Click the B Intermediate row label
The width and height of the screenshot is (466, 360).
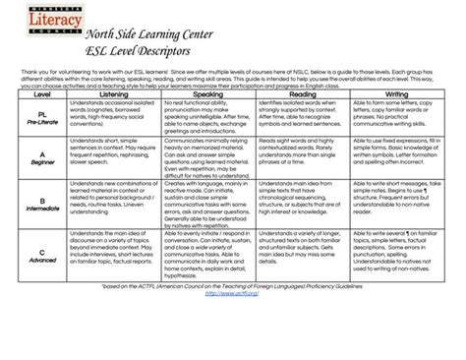pos(43,205)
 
